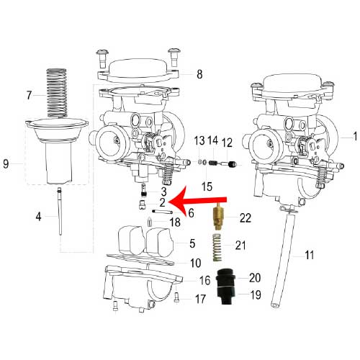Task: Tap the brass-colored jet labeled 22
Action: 218,216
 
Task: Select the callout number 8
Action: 199,74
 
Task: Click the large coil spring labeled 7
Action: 57,93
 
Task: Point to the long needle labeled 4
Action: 60,211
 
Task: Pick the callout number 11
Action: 309,255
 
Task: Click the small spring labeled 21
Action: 217,247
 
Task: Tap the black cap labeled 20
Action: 225,278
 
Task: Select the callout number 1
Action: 355,136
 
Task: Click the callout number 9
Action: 6,164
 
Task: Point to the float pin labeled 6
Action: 163,212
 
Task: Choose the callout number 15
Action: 207,186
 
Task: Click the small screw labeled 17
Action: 176,297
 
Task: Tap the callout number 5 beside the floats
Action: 192,243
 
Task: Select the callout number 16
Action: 205,280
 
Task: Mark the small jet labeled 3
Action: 143,190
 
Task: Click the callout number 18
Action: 175,222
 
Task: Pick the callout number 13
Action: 199,140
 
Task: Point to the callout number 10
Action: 196,263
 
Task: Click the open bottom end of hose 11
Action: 275,305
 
